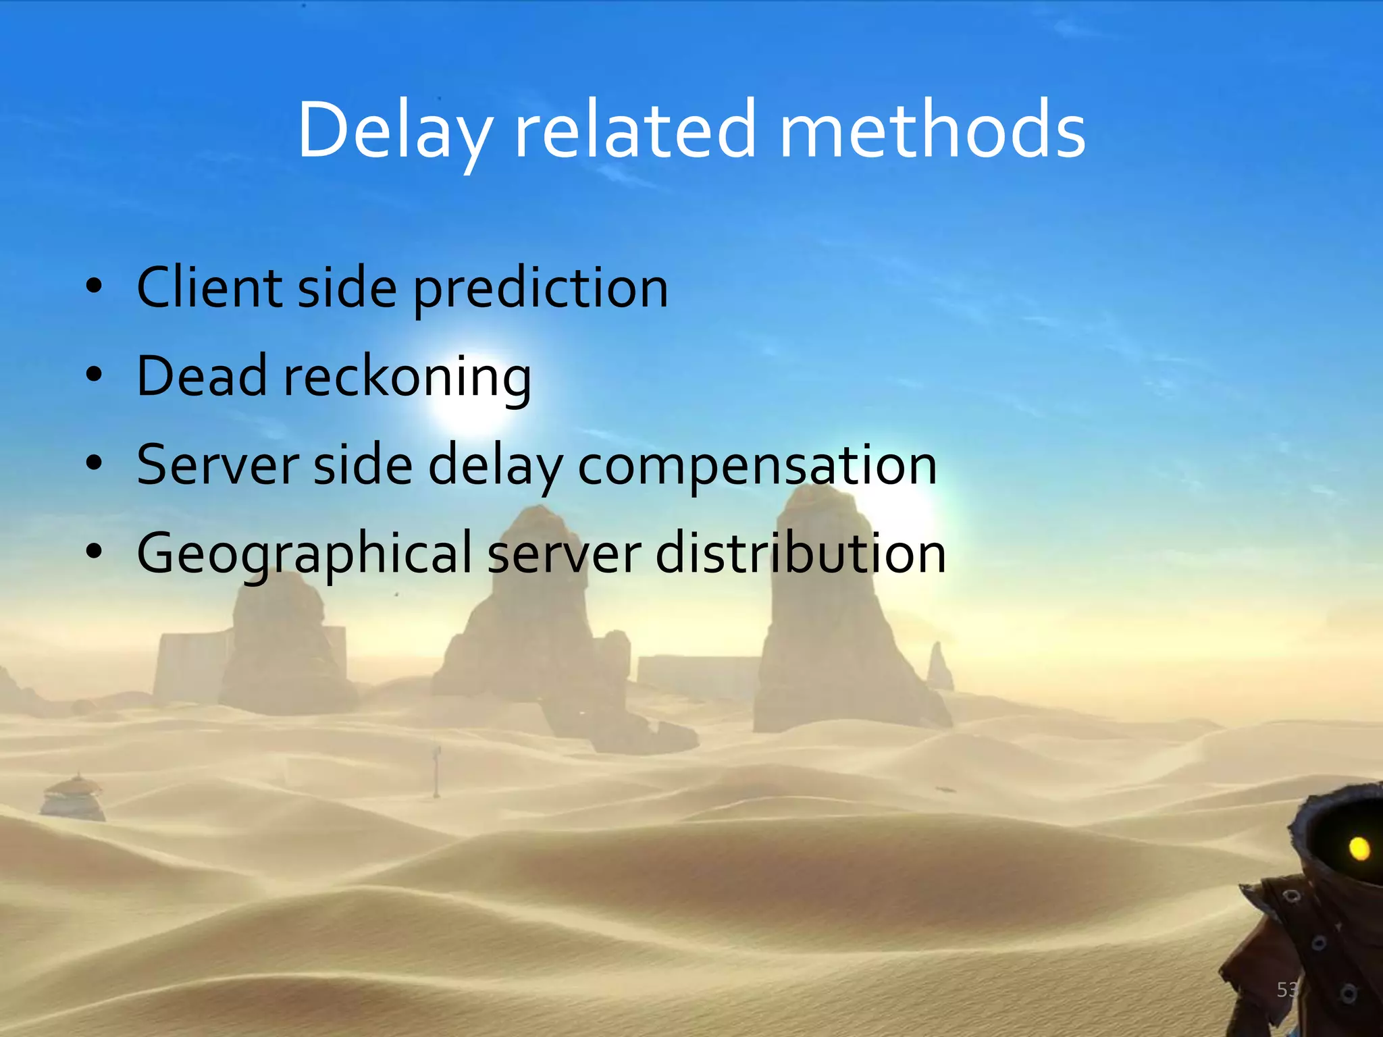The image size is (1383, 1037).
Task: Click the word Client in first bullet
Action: [209, 288]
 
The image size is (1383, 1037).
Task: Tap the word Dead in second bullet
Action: [201, 376]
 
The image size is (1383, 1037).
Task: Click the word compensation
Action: [757, 466]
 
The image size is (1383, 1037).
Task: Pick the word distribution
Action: [800, 554]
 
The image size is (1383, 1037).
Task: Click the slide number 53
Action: [1286, 990]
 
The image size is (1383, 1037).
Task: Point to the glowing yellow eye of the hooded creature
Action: [1359, 848]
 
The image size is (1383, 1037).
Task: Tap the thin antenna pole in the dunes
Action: [437, 771]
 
